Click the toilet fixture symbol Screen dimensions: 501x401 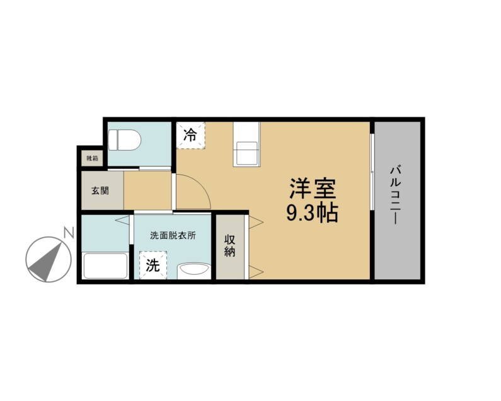(x=124, y=140)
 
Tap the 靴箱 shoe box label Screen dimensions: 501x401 (x=92, y=158)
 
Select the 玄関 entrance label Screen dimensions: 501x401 (x=100, y=190)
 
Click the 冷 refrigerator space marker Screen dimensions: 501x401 (x=190, y=135)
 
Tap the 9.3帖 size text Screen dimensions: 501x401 (x=312, y=213)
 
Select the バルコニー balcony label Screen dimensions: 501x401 (x=395, y=195)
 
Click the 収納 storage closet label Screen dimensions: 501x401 (x=230, y=246)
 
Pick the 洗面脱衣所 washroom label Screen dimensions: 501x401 (x=173, y=236)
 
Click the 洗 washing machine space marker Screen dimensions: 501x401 (x=153, y=265)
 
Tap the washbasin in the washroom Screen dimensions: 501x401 (x=194, y=270)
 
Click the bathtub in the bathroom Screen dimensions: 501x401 (x=105, y=265)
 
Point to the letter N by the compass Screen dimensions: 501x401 (x=69, y=233)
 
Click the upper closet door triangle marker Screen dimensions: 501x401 (x=256, y=222)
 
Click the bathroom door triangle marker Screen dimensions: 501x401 (x=122, y=220)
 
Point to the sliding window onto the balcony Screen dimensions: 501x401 (x=372, y=171)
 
